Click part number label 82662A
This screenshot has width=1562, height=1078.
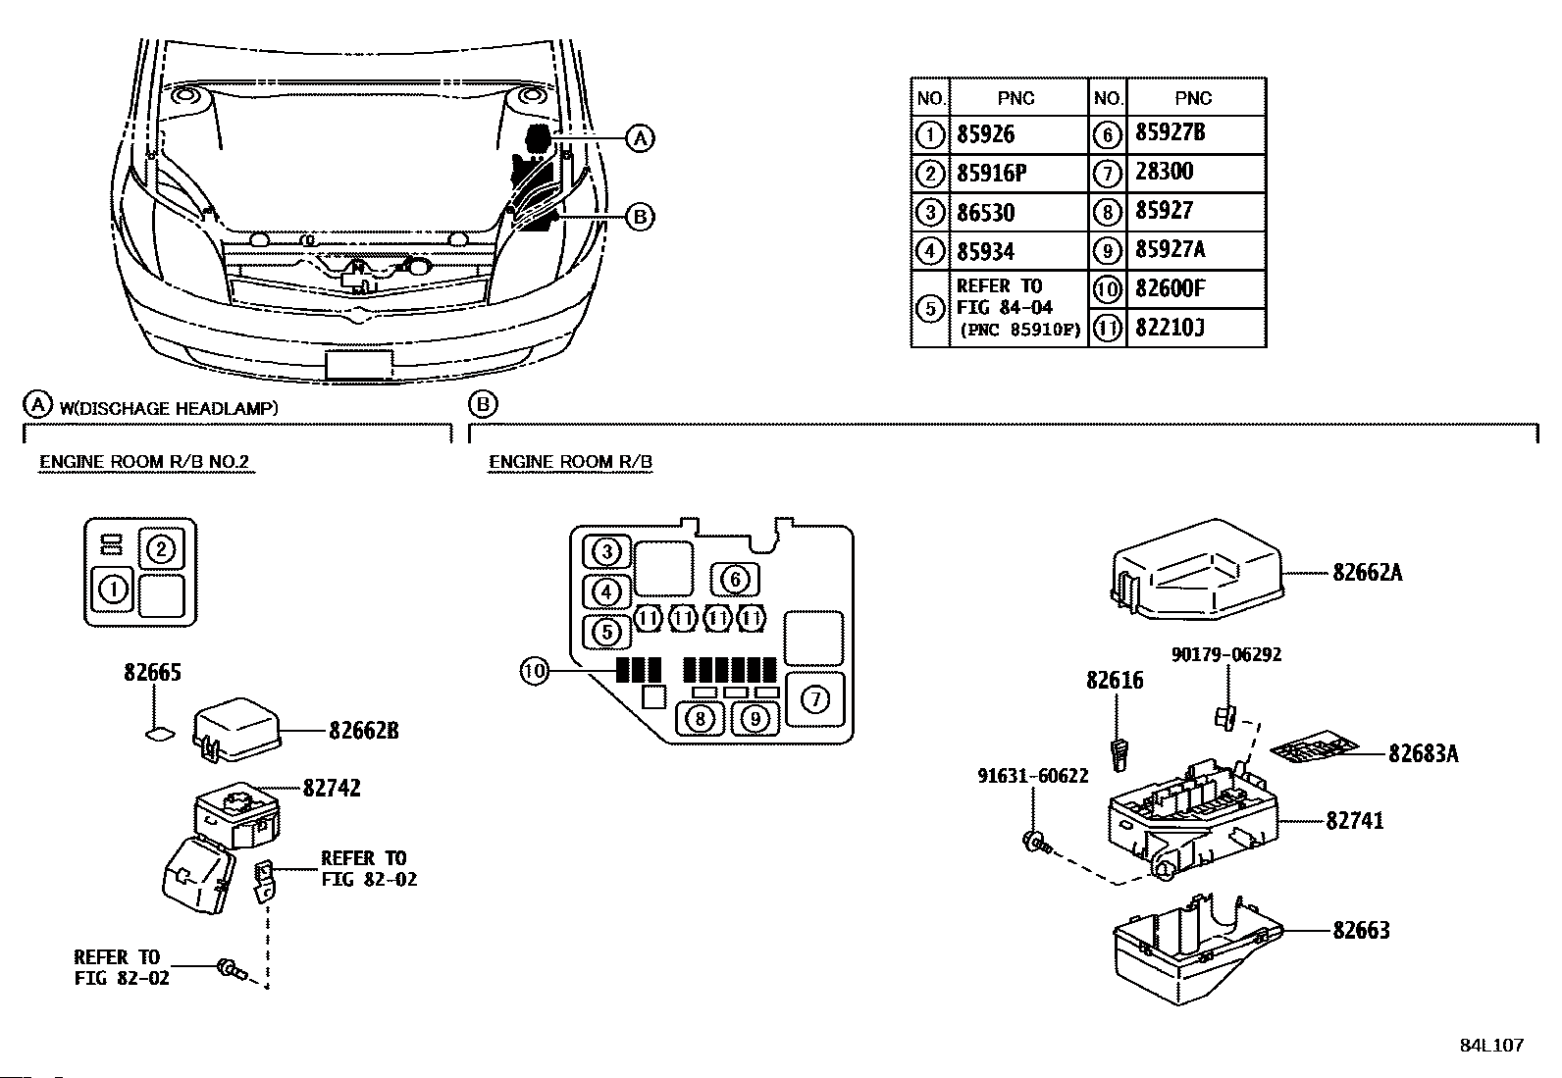click(x=1367, y=573)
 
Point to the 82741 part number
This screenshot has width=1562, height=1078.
click(x=1354, y=821)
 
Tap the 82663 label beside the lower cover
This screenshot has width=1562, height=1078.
click(x=1361, y=930)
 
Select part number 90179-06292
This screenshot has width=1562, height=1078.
click(x=1225, y=655)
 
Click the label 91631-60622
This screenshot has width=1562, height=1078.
click(x=1033, y=776)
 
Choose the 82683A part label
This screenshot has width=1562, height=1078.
click(x=1424, y=753)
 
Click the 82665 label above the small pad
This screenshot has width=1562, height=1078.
click(x=153, y=673)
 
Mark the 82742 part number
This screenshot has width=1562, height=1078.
click(x=332, y=789)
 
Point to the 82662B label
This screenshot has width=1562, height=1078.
click(x=364, y=731)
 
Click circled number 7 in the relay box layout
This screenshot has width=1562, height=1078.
click(x=815, y=698)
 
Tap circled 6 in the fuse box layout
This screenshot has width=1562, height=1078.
click(x=735, y=580)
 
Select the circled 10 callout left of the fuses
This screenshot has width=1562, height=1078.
click(x=535, y=672)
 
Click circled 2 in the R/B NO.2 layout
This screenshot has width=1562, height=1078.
click(x=161, y=549)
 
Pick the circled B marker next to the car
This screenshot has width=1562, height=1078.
click(x=640, y=217)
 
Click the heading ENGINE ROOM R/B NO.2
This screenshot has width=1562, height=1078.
click(x=144, y=462)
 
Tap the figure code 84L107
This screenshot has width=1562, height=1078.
click(x=1492, y=1046)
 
